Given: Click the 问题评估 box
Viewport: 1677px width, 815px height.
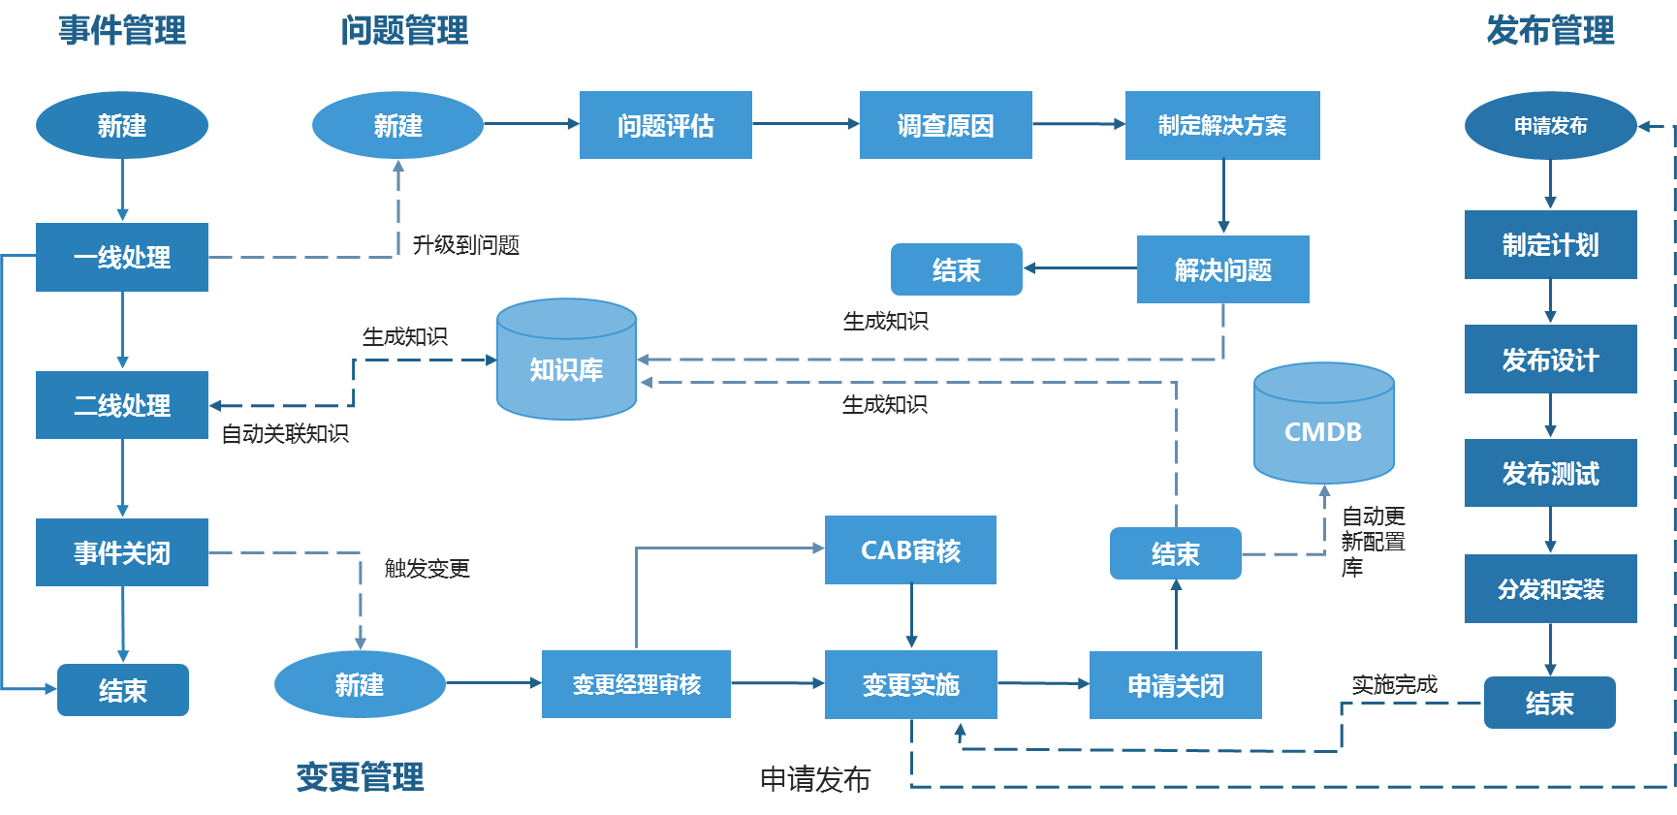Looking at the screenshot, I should (x=665, y=125).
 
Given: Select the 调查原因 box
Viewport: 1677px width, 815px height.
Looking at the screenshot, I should (x=945, y=125).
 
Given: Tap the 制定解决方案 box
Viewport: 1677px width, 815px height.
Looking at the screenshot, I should (x=1221, y=125).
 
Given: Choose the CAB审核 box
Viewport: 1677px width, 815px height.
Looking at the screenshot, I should (x=910, y=549).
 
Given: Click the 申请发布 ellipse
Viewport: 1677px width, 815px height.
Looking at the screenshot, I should (x=1550, y=126).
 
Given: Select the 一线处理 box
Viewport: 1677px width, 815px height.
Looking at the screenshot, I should (x=122, y=257).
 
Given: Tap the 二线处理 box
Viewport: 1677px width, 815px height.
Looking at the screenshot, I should (x=122, y=405).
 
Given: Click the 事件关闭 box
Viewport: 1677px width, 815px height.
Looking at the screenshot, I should (x=122, y=552).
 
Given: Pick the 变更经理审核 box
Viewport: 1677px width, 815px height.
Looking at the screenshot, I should (x=636, y=684).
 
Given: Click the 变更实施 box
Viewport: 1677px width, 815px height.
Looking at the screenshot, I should (x=910, y=684).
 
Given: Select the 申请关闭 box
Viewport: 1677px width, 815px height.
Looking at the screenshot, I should (x=1175, y=685).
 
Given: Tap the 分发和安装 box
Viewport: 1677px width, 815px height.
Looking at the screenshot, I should (x=1550, y=588).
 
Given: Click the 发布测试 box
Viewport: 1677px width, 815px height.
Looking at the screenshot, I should (x=1550, y=473).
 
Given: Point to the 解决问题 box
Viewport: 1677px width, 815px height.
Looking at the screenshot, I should (x=1222, y=269).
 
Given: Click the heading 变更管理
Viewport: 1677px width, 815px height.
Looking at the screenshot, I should (x=360, y=776).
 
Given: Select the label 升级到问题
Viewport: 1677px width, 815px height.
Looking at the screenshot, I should (x=466, y=245).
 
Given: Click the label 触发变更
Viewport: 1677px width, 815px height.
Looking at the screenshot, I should (x=427, y=568).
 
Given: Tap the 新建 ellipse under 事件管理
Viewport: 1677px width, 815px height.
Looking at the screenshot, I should (x=122, y=125).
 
